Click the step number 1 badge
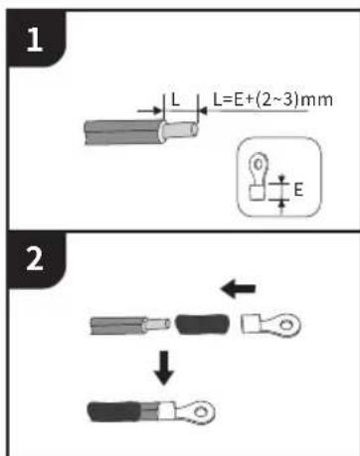(35, 39)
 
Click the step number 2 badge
(35, 259)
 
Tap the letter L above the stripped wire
(175, 99)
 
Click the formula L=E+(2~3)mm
(272, 99)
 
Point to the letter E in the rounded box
(298, 190)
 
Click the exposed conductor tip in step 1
(182, 130)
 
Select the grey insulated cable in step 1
(124, 132)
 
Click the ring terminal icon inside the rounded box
(258, 176)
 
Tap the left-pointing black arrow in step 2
(238, 289)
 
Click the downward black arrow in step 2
(164, 368)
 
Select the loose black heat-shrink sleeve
(202, 324)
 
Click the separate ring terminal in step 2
(270, 325)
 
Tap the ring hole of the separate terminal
(286, 324)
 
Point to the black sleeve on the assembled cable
(113, 411)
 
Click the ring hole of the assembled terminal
(200, 411)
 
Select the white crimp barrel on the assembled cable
(167, 411)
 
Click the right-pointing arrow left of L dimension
(150, 110)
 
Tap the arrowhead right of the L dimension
(203, 111)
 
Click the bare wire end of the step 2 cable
(157, 324)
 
